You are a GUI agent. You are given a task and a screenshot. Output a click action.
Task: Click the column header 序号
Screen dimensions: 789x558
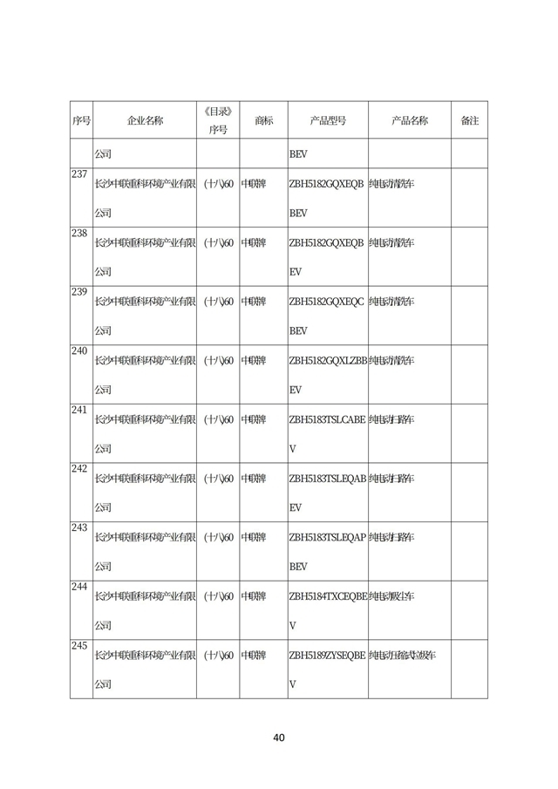coord(81,121)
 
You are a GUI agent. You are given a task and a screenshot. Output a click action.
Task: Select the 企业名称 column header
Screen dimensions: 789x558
coord(145,121)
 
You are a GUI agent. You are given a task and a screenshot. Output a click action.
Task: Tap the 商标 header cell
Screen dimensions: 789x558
coord(262,121)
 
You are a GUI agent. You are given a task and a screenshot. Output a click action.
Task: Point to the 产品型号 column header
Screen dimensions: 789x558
coord(327,121)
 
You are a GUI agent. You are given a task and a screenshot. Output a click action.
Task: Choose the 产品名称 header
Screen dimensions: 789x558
coord(409,121)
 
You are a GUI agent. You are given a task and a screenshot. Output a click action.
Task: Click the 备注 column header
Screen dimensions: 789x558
coord(469,121)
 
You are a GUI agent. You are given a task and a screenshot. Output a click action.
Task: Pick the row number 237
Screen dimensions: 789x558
coord(78,174)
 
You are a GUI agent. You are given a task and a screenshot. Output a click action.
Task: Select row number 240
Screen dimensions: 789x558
coord(78,351)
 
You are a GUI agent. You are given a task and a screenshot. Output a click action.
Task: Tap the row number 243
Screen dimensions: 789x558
coord(78,528)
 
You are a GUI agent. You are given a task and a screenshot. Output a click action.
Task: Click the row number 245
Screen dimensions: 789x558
coord(78,646)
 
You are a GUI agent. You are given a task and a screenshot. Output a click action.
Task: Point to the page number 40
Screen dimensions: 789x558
coord(279,738)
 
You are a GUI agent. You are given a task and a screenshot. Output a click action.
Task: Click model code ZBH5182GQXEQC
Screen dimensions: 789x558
coord(326,302)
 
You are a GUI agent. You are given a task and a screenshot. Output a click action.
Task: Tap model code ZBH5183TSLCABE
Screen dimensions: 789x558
coord(327,419)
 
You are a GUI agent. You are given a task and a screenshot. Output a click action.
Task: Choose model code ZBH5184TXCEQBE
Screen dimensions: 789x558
coord(327,596)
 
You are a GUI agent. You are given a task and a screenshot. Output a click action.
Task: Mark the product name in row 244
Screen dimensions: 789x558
coord(391,596)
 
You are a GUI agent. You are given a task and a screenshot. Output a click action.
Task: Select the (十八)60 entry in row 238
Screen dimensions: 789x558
coord(217,242)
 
